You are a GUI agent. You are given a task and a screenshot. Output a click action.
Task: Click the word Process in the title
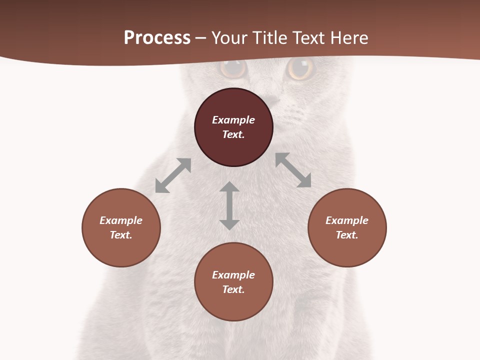157,38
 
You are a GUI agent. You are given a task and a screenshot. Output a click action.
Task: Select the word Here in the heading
349,38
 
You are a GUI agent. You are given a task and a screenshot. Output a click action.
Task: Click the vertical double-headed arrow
229,205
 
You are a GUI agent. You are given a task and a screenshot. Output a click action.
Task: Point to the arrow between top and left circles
173,175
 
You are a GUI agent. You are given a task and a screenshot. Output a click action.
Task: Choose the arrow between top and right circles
293,170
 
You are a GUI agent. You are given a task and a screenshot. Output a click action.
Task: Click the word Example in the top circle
233,120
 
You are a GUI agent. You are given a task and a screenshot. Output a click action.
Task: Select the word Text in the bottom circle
233,289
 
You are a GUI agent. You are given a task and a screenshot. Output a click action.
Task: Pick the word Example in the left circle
121,220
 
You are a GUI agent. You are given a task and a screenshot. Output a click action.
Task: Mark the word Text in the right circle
347,235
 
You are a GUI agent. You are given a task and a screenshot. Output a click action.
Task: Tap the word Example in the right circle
347,220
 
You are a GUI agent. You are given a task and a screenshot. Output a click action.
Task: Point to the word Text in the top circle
233,134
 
